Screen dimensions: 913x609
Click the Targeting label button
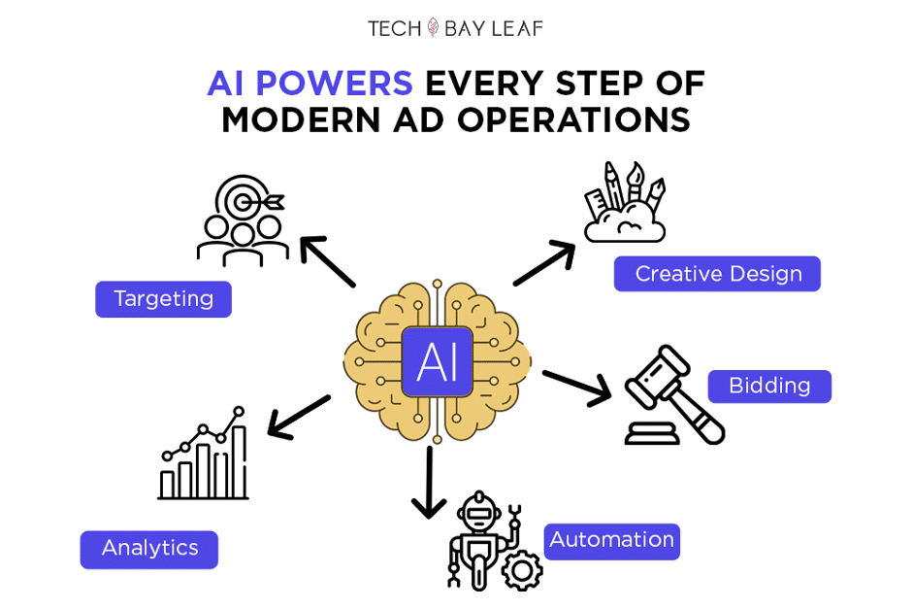(164, 299)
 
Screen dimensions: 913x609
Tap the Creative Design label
(717, 273)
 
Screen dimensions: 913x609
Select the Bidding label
(769, 386)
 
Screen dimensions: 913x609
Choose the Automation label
(612, 541)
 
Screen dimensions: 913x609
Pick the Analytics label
(149, 549)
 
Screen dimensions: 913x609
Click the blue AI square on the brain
(438, 362)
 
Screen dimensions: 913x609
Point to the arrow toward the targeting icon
(327, 261)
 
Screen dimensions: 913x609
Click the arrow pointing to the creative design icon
(544, 263)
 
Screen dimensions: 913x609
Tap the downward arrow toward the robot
(429, 482)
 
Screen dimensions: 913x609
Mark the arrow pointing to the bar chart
(299, 417)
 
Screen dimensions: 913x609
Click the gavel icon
(674, 395)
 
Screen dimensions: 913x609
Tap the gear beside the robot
(522, 570)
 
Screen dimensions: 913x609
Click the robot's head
(478, 511)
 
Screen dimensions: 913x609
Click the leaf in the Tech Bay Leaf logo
(433, 27)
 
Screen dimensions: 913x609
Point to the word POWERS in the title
(334, 83)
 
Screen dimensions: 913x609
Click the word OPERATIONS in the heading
(573, 119)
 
